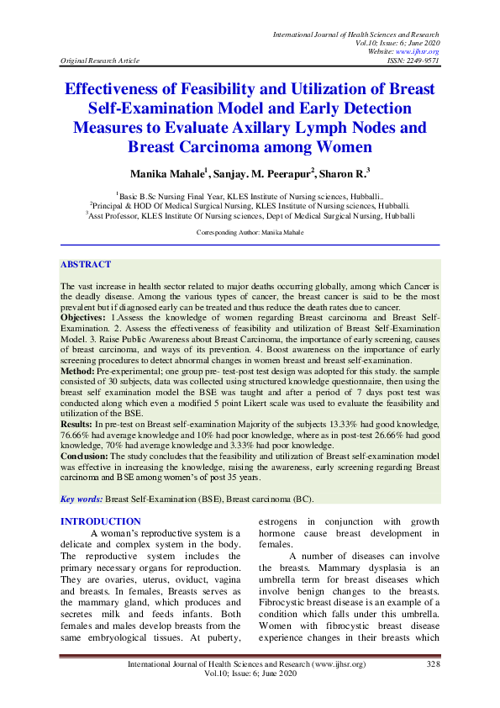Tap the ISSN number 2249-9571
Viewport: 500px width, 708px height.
[x=422, y=61]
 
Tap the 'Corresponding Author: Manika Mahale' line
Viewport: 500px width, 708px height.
[x=250, y=230]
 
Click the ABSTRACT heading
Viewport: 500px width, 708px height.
[x=86, y=264]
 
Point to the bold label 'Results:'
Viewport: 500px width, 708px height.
[x=79, y=427]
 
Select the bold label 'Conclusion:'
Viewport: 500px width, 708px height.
[x=87, y=457]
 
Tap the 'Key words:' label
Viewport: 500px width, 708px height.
[x=82, y=499]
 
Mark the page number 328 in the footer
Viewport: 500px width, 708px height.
[x=432, y=664]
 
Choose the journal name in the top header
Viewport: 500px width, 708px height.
[x=355, y=34]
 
